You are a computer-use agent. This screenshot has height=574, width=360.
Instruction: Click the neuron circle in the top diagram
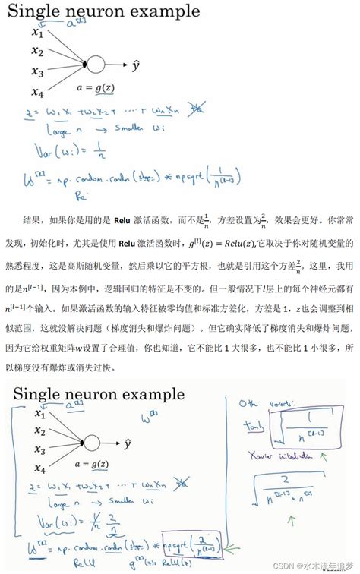pyautogui.click(x=96, y=65)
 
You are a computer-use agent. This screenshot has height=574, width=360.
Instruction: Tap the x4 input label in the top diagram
pyautogui.click(x=37, y=93)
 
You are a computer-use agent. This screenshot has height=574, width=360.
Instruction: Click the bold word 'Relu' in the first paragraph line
pyautogui.click(x=123, y=220)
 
